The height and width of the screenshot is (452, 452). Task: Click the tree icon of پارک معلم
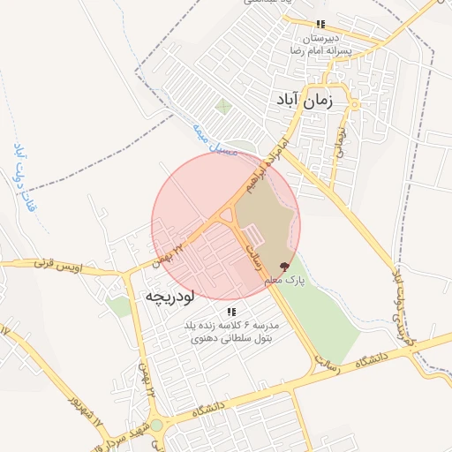click(x=283, y=265)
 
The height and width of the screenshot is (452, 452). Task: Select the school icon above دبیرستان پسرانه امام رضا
click(x=320, y=24)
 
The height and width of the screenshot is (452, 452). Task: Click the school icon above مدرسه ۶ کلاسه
click(x=231, y=312)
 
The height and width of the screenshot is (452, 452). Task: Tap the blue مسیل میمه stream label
click(x=215, y=140)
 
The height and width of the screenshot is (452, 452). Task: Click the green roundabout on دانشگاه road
click(x=156, y=426)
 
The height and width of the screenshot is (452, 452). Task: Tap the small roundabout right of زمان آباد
click(x=355, y=105)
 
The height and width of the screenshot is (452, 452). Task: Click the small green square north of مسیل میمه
click(x=223, y=107)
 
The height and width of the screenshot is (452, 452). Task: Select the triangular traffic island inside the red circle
click(x=226, y=215)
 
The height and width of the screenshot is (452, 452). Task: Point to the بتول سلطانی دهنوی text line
click(x=231, y=337)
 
